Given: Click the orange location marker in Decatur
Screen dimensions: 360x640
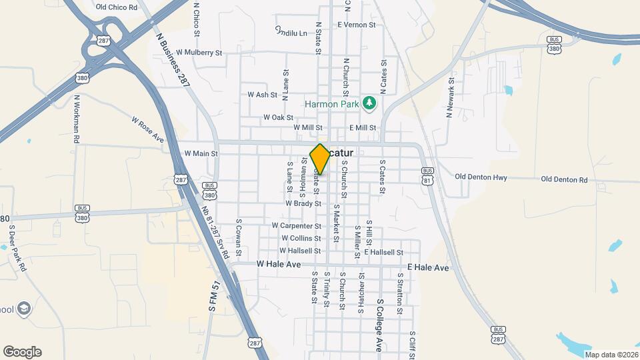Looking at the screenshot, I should tap(320, 159).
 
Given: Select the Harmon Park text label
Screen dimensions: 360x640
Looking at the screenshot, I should tap(332, 104).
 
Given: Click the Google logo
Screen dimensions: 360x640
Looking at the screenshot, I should tap(22, 352).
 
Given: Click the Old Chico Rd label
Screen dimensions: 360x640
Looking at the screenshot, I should tap(116, 7).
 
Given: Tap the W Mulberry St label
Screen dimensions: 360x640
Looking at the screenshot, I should tap(198, 52).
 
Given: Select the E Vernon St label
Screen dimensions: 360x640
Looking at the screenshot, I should tap(357, 25).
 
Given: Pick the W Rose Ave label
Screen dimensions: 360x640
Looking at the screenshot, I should tap(148, 131).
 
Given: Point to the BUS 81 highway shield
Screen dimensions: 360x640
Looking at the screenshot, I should tap(427, 176).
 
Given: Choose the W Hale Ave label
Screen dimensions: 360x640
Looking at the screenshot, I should tap(279, 264).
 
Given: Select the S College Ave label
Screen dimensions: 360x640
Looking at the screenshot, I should tap(379, 325).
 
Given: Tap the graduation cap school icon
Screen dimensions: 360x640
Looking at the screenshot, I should tap(24, 308).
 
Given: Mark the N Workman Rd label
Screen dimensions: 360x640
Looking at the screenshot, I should tap(77, 119).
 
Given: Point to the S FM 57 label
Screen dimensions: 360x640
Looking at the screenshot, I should tap(215, 297).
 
